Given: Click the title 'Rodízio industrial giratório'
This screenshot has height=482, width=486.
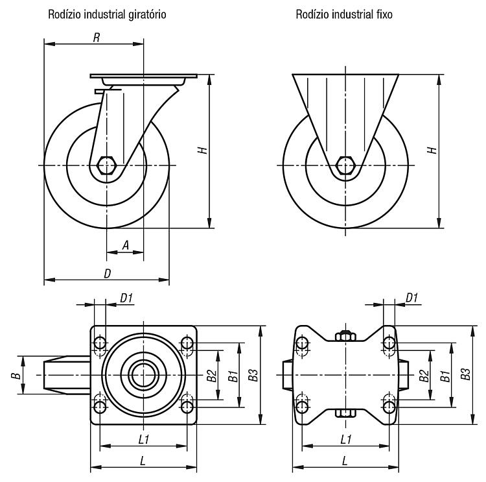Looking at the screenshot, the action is pyautogui.click(x=107, y=14).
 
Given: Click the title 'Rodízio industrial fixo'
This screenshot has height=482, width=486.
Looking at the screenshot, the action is pyautogui.click(x=344, y=14).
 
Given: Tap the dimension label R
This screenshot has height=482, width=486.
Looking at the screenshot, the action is pyautogui.click(x=97, y=38).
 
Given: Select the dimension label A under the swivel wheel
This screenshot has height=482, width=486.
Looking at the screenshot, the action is pyautogui.click(x=126, y=245).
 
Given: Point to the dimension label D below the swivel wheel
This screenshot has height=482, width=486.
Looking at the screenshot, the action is pyautogui.click(x=107, y=273).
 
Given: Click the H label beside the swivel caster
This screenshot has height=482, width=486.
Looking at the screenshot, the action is pyautogui.click(x=203, y=151).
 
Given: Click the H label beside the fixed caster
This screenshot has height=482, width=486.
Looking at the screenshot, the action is pyautogui.click(x=432, y=151).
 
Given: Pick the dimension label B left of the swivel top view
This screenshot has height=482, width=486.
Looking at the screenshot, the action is pyautogui.click(x=16, y=376).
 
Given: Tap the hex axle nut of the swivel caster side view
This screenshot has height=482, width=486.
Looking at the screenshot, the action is pyautogui.click(x=107, y=165).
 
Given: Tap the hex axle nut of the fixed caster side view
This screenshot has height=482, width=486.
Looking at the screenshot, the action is pyautogui.click(x=345, y=165).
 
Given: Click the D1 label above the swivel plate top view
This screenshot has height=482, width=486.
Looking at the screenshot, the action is pyautogui.click(x=126, y=298).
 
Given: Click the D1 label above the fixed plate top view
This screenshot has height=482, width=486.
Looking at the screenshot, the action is pyautogui.click(x=411, y=298).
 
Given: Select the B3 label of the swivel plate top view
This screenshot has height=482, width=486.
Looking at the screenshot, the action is pyautogui.click(x=253, y=375).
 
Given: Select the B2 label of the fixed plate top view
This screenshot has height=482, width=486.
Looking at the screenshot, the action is pyautogui.click(x=424, y=376).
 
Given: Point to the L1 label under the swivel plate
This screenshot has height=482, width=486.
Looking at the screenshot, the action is pyautogui.click(x=144, y=439).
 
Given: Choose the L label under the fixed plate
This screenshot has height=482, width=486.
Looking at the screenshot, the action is pyautogui.click(x=345, y=461).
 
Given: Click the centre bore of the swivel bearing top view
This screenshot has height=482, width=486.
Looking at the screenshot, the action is pyautogui.click(x=144, y=375).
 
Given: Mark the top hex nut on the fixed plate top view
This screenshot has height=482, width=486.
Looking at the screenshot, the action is pyautogui.click(x=345, y=336).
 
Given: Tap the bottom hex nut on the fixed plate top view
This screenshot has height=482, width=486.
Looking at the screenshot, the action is pyautogui.click(x=345, y=413).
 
